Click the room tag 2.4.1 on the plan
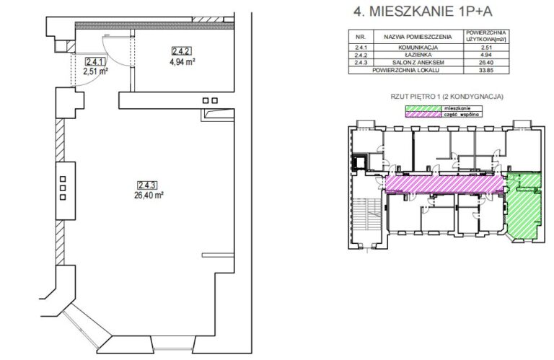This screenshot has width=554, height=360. (95, 62)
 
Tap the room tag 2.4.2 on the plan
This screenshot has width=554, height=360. (182, 51)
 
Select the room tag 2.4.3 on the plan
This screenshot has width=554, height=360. (147, 185)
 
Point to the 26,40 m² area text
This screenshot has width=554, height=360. (149, 195)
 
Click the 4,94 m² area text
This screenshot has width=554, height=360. (183, 62)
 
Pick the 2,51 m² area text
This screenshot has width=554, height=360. (95, 71)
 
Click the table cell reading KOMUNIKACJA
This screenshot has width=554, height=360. (418, 48)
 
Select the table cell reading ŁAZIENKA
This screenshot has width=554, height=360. (418, 55)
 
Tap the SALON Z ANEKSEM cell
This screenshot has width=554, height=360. (418, 63)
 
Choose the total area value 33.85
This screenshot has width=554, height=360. (486, 70)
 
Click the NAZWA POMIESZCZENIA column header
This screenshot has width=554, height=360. (418, 37)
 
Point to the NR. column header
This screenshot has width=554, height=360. (361, 37)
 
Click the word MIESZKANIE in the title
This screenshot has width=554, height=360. (411, 12)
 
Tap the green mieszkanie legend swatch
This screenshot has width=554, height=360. (423, 108)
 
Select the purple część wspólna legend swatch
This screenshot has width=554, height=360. (423, 115)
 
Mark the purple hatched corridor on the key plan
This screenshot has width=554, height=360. (444, 185)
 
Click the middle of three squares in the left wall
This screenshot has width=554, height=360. (63, 188)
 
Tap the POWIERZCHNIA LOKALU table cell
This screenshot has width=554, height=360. (405, 70)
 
